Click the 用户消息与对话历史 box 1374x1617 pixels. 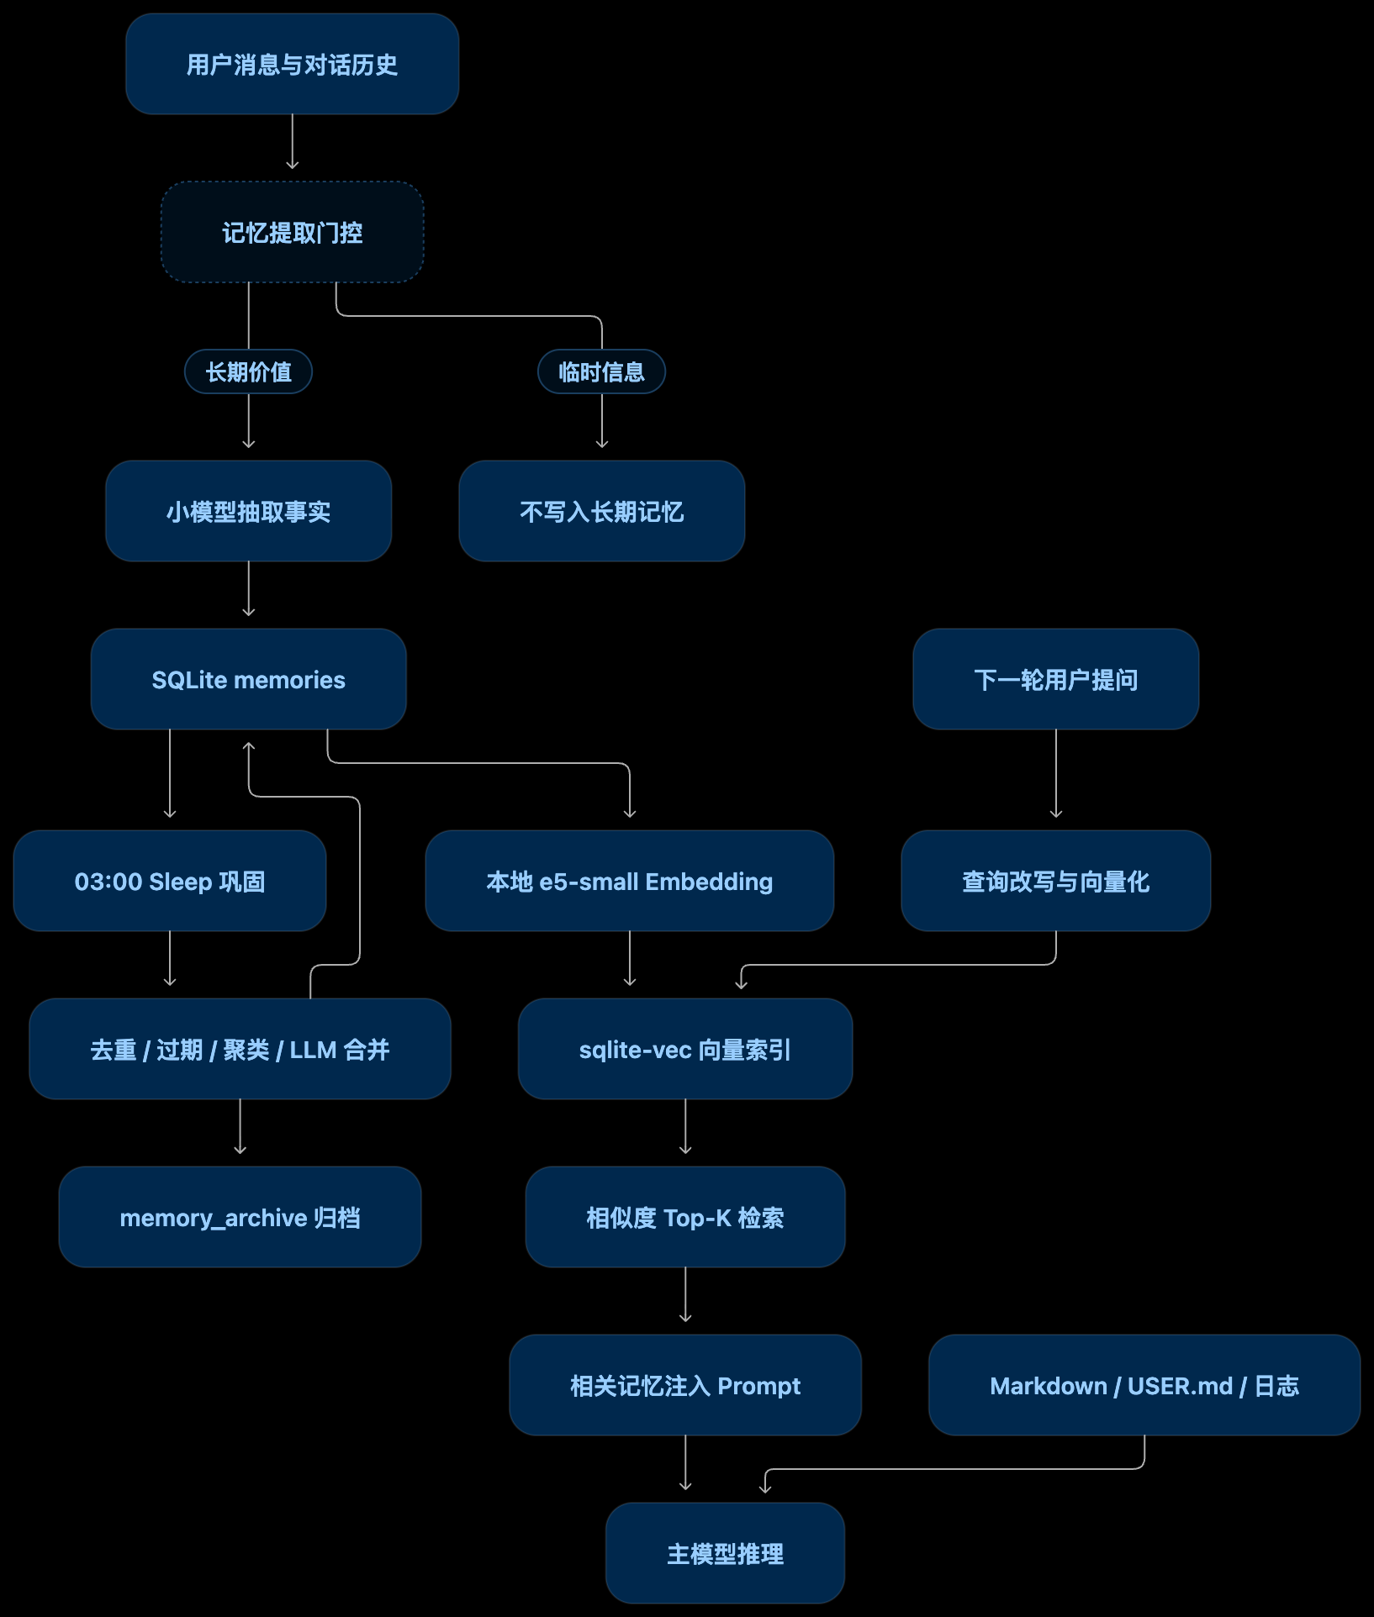coord(292,64)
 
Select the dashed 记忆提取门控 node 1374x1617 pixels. coord(292,232)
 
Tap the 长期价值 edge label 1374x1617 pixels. coord(248,371)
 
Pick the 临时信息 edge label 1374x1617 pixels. coord(601,371)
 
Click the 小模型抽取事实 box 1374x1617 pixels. coord(248,511)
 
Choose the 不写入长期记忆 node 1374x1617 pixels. coord(601,511)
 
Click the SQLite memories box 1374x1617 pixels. coord(248,679)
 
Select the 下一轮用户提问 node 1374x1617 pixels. coord(1055,679)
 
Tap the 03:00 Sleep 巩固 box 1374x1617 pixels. coord(170,881)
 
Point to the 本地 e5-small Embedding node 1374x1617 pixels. coord(629,881)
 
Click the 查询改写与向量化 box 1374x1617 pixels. coord(1055,881)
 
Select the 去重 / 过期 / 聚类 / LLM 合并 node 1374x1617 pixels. coord(240,1049)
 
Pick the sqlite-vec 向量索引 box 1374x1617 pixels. coord(685,1049)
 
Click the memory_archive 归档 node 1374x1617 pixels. coord(240,1217)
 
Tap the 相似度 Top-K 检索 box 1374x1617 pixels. coord(685,1217)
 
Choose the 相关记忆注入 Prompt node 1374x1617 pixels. coord(685,1385)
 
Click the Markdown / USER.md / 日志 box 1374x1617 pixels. coord(1144,1385)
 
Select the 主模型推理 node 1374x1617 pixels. coord(725,1553)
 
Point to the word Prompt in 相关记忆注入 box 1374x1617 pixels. coord(758,1387)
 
